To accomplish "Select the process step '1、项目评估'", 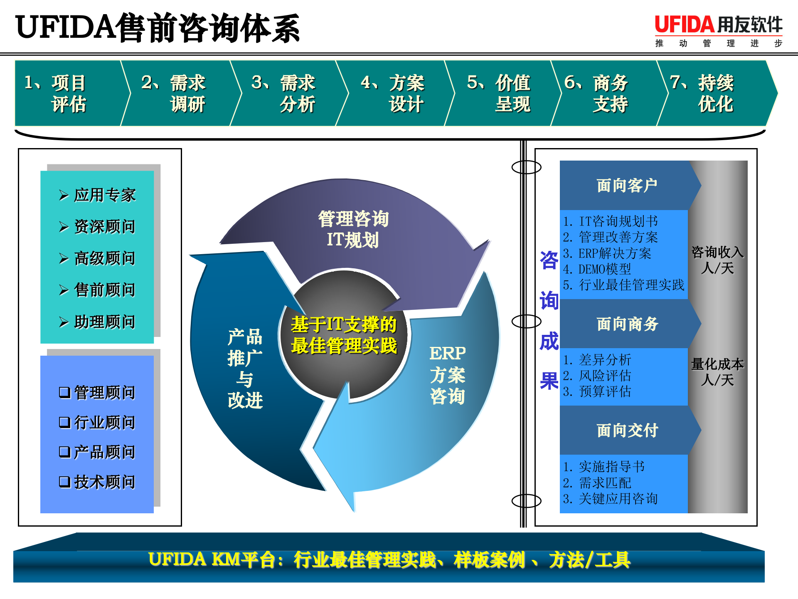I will (x=69, y=93).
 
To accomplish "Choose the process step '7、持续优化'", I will (x=715, y=93).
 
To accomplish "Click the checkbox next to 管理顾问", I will (x=64, y=392).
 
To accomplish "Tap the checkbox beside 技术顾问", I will (x=64, y=482).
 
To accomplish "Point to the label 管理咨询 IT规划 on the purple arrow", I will (x=353, y=229).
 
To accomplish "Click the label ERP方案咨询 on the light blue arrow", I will (x=447, y=375).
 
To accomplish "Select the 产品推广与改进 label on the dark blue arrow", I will (x=245, y=369).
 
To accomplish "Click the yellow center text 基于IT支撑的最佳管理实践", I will (x=344, y=335).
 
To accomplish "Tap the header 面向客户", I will (x=627, y=186).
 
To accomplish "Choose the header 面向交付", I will (x=627, y=431).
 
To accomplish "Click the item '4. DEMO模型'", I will (x=597, y=269).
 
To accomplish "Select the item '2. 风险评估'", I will (x=597, y=376).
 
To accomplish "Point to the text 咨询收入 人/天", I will (x=717, y=260).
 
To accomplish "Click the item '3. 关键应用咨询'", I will (x=610, y=498).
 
